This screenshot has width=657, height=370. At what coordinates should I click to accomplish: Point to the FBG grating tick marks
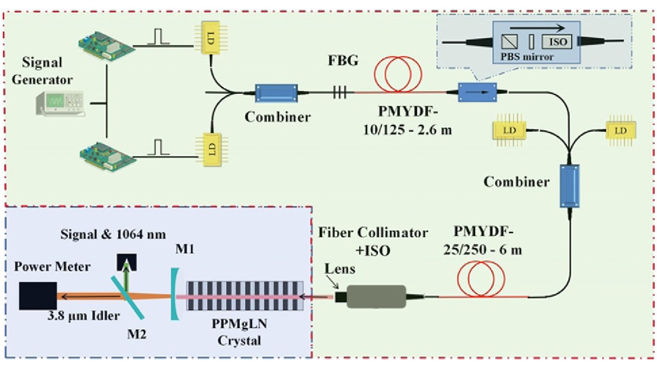click(x=340, y=94)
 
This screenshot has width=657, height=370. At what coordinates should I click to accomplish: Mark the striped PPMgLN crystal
click(x=246, y=297)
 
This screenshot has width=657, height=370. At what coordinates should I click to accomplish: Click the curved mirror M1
click(x=174, y=297)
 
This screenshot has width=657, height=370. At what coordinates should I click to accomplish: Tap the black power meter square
click(x=38, y=297)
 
